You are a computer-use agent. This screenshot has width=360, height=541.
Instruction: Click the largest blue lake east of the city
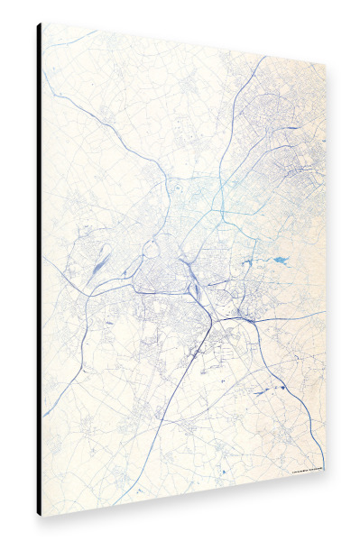(281, 261)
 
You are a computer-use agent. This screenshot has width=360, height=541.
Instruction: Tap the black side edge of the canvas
(39, 270)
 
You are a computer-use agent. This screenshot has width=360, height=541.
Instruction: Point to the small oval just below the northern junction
(177, 190)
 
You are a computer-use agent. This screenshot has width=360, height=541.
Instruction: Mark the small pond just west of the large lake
(248, 262)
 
